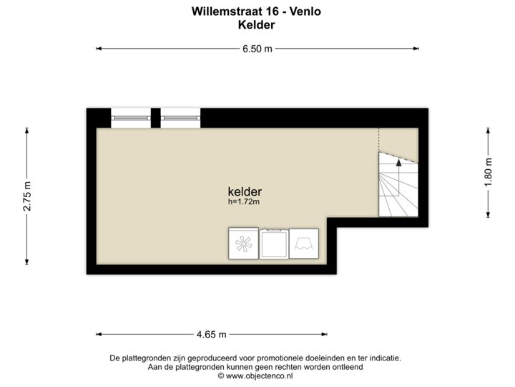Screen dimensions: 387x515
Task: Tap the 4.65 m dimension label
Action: [x=212, y=334]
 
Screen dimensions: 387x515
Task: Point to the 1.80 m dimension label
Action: [x=489, y=172]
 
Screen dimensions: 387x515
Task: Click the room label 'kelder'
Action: [x=244, y=192]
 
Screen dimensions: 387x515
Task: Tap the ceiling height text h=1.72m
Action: [x=243, y=202]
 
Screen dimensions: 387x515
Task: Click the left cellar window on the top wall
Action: [x=131, y=118]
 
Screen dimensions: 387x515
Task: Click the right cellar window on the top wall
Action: [x=180, y=118]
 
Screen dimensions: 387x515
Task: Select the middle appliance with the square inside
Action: [x=273, y=244]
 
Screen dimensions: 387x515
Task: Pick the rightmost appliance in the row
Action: [x=305, y=244]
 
